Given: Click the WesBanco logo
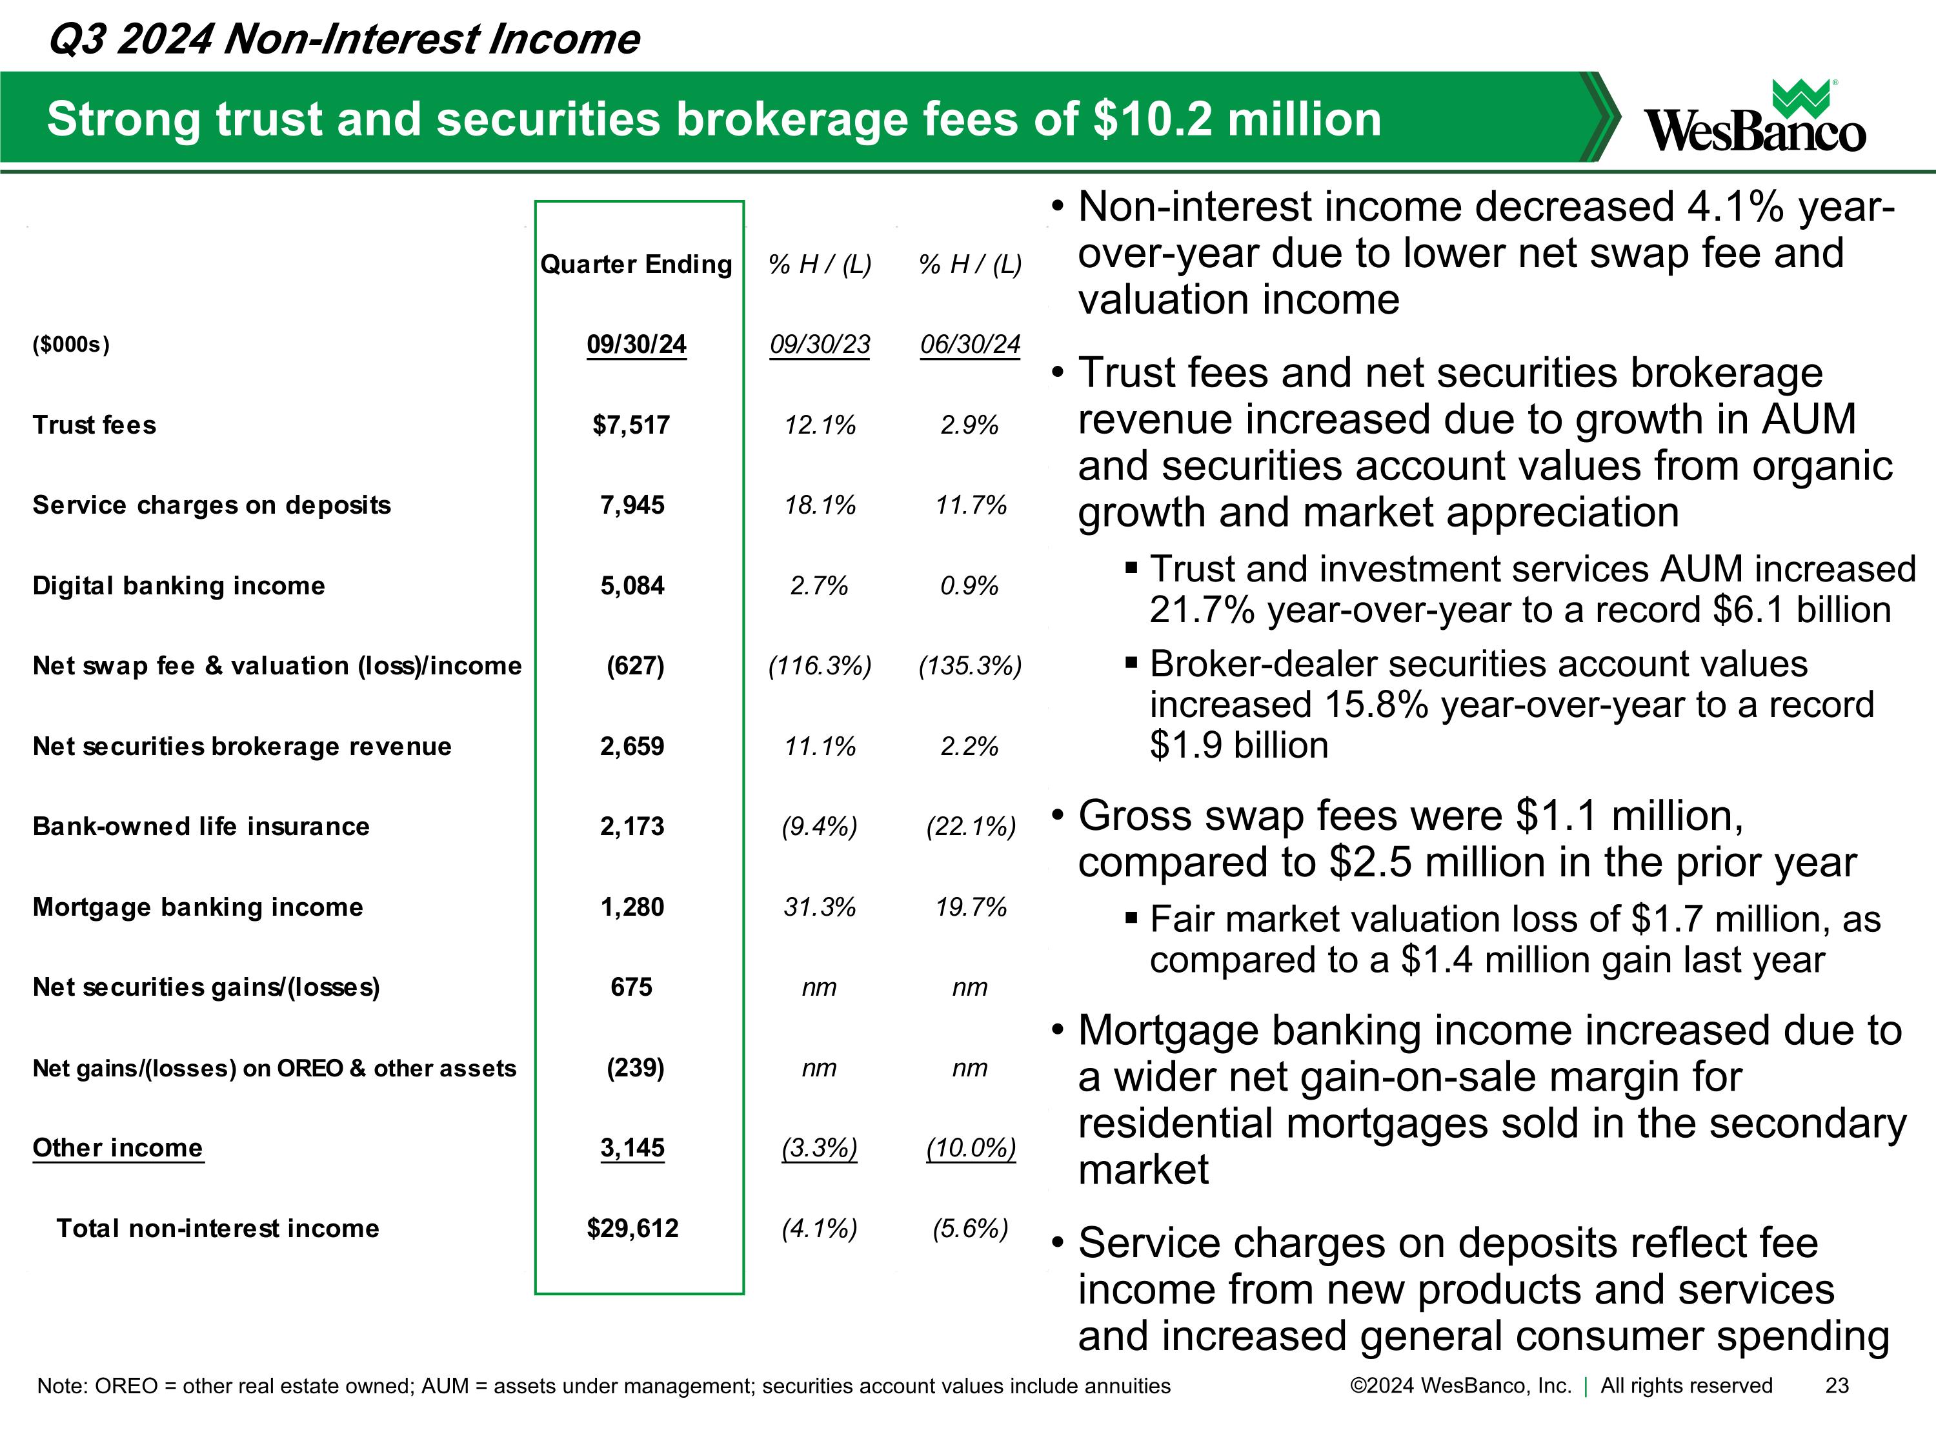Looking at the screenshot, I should pyautogui.click(x=1754, y=118).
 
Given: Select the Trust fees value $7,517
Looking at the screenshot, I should pyautogui.click(x=631, y=425).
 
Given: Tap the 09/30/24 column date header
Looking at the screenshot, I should pyautogui.click(x=636, y=344).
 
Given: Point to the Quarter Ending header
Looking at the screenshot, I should pyautogui.click(x=636, y=265).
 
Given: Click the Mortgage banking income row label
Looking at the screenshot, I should pyautogui.click(x=198, y=907).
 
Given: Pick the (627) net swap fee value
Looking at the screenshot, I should pyautogui.click(x=636, y=666).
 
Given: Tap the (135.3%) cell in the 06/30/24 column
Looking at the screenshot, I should pyautogui.click(x=970, y=666).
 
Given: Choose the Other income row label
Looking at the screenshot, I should pyautogui.click(x=117, y=1148).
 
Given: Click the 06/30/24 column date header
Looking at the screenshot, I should pyautogui.click(x=970, y=344).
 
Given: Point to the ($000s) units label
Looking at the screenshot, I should pyautogui.click(x=71, y=344).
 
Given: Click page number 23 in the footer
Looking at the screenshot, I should pyautogui.click(x=1837, y=1386).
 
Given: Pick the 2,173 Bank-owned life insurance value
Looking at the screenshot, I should pyautogui.click(x=632, y=827).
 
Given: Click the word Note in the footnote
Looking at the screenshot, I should pyautogui.click(x=61, y=1386).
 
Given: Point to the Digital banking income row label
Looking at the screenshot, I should pyautogui.click(x=179, y=585).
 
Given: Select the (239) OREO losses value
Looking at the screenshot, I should pyautogui.click(x=636, y=1068).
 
